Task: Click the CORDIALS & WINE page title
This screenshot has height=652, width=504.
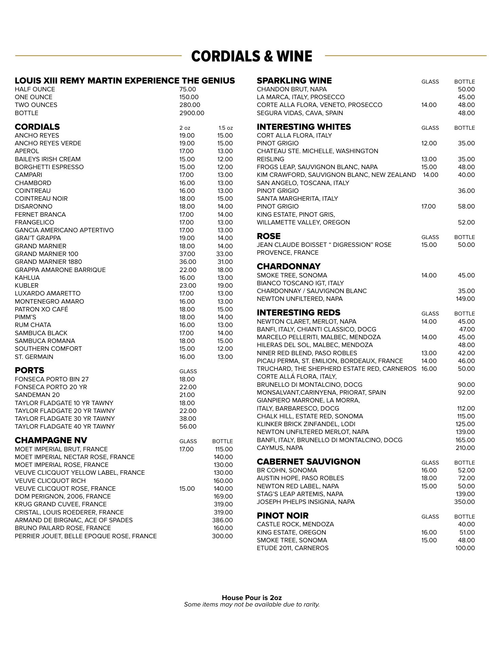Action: point(251,56)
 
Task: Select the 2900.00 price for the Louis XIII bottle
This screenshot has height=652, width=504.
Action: point(192,113)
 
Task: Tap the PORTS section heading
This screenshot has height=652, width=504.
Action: point(30,370)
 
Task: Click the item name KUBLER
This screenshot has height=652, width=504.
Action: point(26,286)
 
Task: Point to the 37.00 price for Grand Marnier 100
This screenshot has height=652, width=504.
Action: point(187,254)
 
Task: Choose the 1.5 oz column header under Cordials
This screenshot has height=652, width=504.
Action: point(226,128)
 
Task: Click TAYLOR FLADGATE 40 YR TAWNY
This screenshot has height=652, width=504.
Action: point(65,427)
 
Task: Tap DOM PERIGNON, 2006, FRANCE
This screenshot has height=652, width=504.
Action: point(62,496)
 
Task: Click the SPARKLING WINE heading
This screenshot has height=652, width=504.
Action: point(294,81)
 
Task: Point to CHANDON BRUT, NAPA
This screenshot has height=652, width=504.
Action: point(291,89)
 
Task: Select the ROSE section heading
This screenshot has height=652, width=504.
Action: point(269,236)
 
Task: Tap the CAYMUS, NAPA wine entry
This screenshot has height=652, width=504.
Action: point(280,448)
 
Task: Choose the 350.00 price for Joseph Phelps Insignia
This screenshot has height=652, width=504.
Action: point(465,502)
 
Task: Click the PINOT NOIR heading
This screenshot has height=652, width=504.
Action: point(283,515)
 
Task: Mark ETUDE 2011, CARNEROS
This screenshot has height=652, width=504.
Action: point(292,548)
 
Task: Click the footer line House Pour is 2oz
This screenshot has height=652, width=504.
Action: point(252,597)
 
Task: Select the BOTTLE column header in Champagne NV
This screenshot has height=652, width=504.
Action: point(222,441)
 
